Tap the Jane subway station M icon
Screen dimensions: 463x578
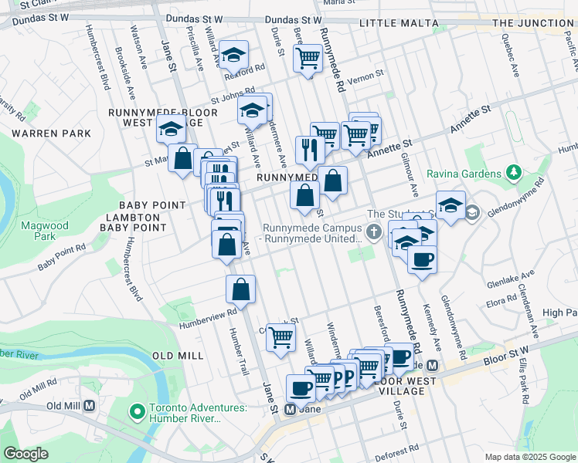(x=291, y=409)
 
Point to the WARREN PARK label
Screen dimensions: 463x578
(x=52, y=133)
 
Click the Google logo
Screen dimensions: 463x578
(x=25, y=454)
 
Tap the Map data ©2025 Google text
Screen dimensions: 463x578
(x=529, y=457)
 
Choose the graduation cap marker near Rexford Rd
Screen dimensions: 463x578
(x=233, y=54)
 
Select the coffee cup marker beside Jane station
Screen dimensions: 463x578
(x=301, y=387)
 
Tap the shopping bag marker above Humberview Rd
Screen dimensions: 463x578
(x=241, y=289)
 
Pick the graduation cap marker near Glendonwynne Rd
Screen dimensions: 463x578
(x=450, y=204)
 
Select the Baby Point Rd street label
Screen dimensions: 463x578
(x=62, y=259)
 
